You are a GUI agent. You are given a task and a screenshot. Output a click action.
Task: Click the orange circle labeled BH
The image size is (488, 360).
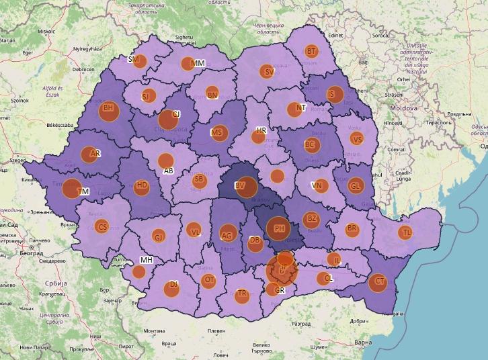pos(108,110)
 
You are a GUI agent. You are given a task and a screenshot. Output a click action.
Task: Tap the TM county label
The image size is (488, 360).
pos(83,191)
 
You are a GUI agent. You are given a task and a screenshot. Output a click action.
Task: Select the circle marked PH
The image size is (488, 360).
pos(278,228)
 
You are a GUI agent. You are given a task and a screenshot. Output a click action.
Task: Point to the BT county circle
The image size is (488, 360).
pos(311,51)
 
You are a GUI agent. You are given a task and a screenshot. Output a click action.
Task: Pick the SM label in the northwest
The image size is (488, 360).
pos(133,60)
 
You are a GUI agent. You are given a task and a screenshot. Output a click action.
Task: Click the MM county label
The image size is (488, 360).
pos(198,63)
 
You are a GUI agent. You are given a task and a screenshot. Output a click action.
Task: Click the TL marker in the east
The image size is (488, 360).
pos(405,233)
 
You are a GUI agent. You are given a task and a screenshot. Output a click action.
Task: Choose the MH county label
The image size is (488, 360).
pos(147,260)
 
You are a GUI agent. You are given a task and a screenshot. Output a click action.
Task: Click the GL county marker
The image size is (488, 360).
pos(356,185)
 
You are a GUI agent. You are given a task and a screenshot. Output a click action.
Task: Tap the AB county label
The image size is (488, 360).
pos(169,171)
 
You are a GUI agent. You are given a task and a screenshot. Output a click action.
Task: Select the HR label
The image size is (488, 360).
pos(261,130)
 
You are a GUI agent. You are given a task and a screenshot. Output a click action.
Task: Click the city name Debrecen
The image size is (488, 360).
pos(84,69)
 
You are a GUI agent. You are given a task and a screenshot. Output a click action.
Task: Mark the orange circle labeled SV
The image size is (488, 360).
pos(268,71)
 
